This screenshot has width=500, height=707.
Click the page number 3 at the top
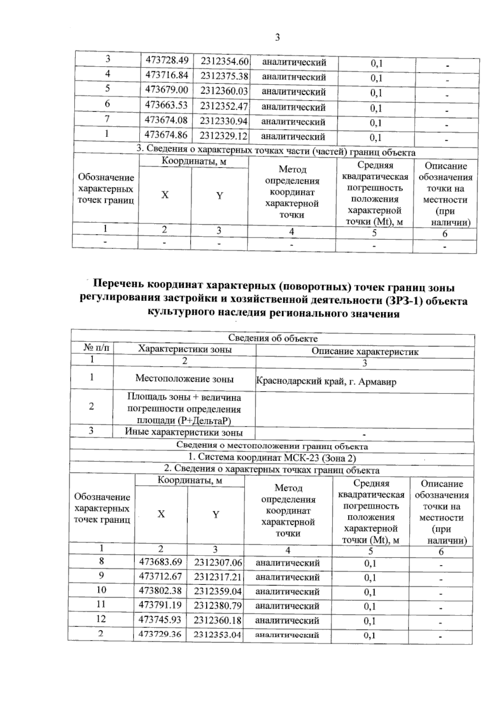click(x=277, y=38)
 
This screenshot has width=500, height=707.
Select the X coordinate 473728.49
click(x=167, y=60)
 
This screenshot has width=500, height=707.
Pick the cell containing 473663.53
click(x=166, y=105)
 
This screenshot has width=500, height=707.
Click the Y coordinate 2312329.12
click(x=223, y=136)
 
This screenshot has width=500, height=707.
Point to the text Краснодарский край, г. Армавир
click(x=326, y=381)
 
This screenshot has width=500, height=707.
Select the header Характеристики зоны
click(x=185, y=349)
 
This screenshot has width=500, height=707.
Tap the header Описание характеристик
click(x=365, y=351)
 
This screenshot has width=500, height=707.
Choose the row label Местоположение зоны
click(x=185, y=378)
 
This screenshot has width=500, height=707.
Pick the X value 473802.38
click(x=160, y=591)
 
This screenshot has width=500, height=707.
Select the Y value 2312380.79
click(x=217, y=606)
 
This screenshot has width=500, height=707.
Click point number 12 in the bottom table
click(x=101, y=619)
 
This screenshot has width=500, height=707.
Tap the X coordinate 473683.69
click(x=160, y=562)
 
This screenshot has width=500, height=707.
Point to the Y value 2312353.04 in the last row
click(x=217, y=635)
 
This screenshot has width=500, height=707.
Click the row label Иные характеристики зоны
click(x=184, y=432)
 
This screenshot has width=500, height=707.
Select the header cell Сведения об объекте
click(x=273, y=339)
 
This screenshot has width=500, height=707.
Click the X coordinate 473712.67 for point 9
click(x=160, y=576)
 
